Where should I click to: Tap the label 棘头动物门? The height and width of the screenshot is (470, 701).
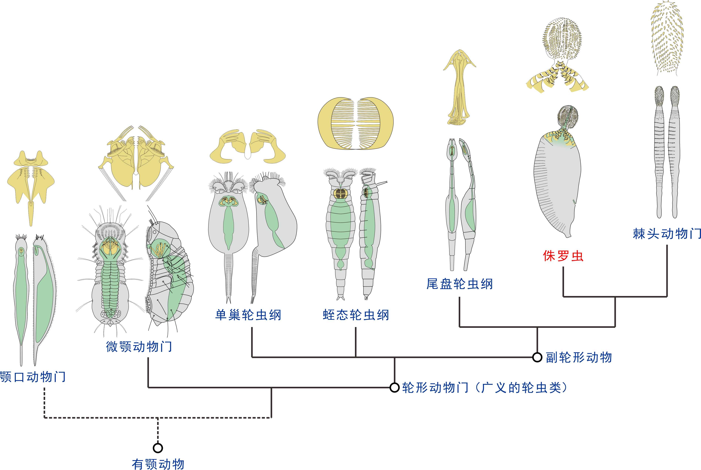[x=667, y=234]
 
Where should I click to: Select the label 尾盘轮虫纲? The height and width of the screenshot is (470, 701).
[x=459, y=284]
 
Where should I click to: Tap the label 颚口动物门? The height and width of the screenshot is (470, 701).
[x=32, y=377]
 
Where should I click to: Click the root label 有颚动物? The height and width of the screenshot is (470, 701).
[x=158, y=464]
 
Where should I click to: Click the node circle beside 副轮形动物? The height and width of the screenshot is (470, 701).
[x=537, y=357]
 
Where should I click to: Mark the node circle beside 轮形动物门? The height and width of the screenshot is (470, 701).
[x=394, y=388]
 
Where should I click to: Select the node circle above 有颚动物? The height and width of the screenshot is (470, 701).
[x=158, y=448]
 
